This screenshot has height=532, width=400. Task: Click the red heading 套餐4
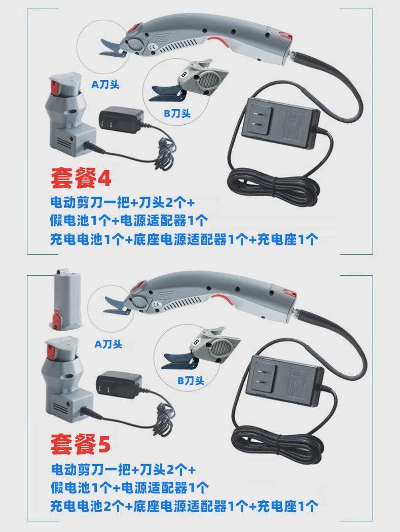(x=81, y=178)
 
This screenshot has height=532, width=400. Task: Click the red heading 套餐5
(x=81, y=444)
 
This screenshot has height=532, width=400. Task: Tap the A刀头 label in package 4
(x=105, y=84)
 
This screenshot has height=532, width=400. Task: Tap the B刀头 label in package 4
(x=177, y=113)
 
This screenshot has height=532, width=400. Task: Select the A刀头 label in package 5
(x=108, y=344)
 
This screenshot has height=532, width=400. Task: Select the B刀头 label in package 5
(x=191, y=380)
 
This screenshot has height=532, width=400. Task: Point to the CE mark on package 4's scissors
(x=152, y=48)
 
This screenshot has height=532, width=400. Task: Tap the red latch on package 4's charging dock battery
(x=54, y=88)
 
